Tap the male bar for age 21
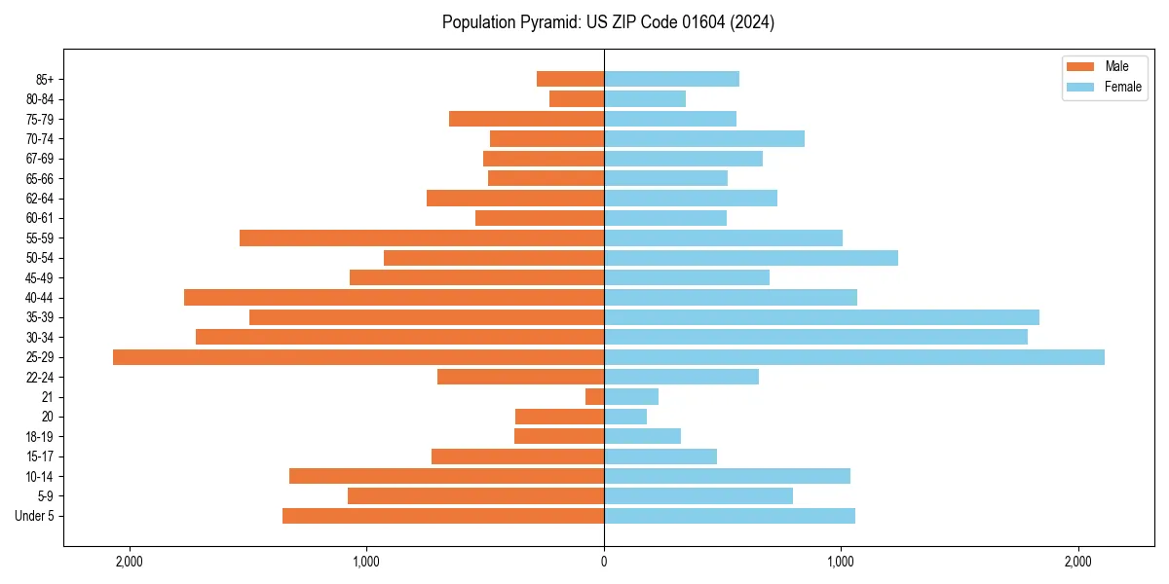pyautogui.click(x=594, y=397)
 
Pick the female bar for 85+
pyautogui.click(x=671, y=79)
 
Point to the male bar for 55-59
pyautogui.click(x=422, y=237)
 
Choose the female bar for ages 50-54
pyautogui.click(x=751, y=258)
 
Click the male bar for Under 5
pyautogui.click(x=443, y=516)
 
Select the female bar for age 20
pyautogui.click(x=625, y=417)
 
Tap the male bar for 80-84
pyautogui.click(x=577, y=98)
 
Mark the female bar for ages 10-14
pyautogui.click(x=727, y=476)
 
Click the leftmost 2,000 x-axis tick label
pyautogui.click(x=129, y=562)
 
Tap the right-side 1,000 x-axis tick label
pyautogui.click(x=841, y=562)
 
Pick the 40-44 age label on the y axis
pyautogui.click(x=40, y=298)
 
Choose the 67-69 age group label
pyautogui.click(x=40, y=159)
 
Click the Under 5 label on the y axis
pyautogui.click(x=35, y=516)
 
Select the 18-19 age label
pyautogui.click(x=40, y=437)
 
